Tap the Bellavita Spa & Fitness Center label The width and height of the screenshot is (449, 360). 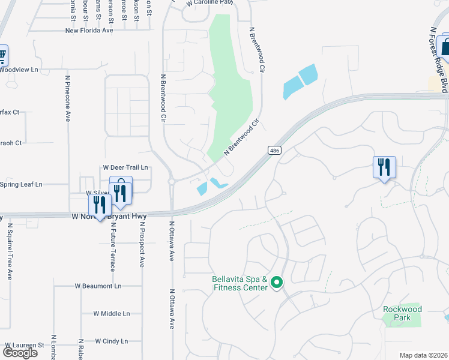click(x=239, y=283)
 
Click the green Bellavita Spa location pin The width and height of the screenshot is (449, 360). click(x=276, y=282)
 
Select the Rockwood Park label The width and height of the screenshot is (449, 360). click(x=402, y=313)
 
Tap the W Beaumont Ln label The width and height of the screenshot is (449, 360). click(x=98, y=286)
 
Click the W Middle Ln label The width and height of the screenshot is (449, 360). click(x=112, y=314)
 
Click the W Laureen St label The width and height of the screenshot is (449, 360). click(x=25, y=346)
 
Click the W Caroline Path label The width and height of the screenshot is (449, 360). click(x=208, y=3)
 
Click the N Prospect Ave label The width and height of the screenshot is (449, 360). click(x=142, y=245)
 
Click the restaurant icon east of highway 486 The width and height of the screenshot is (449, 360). click(x=384, y=166)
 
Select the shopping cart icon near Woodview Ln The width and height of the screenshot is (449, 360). click(x=2, y=56)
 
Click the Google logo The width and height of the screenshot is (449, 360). click(x=20, y=353)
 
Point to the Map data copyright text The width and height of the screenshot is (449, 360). click(x=424, y=355)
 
